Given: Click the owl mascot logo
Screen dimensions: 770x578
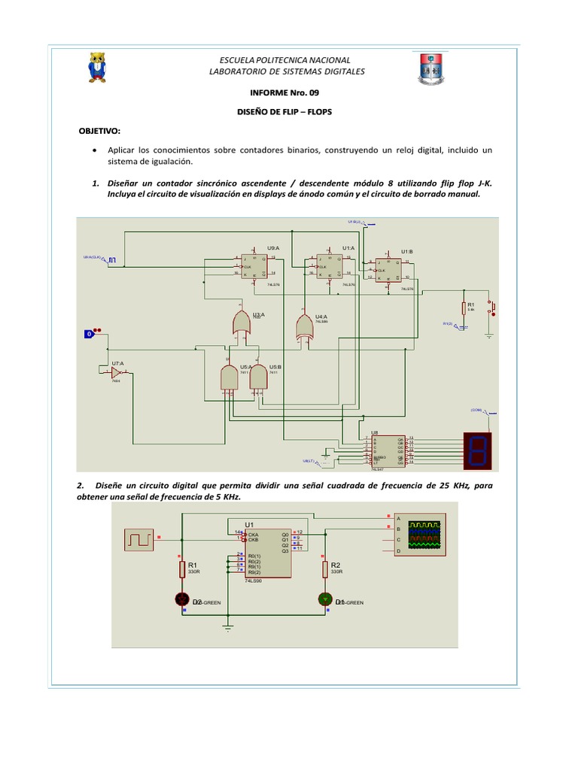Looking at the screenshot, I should tap(97, 67).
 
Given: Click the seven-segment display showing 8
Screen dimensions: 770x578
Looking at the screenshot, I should tap(479, 449).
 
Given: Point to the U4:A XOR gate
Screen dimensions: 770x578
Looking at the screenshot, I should tap(304, 326).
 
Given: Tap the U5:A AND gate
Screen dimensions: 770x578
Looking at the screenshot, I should tap(229, 377).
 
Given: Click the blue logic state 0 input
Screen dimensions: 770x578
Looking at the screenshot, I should tap(90, 332).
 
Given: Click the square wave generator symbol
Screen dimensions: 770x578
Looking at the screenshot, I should tap(141, 538).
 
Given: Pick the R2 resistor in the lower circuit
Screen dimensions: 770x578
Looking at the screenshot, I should tap(326, 568).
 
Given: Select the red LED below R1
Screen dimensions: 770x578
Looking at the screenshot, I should tap(182, 599).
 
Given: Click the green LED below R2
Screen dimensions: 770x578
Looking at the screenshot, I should tap(325, 599).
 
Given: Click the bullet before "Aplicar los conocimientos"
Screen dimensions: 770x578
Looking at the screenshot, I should tap(93, 150).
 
